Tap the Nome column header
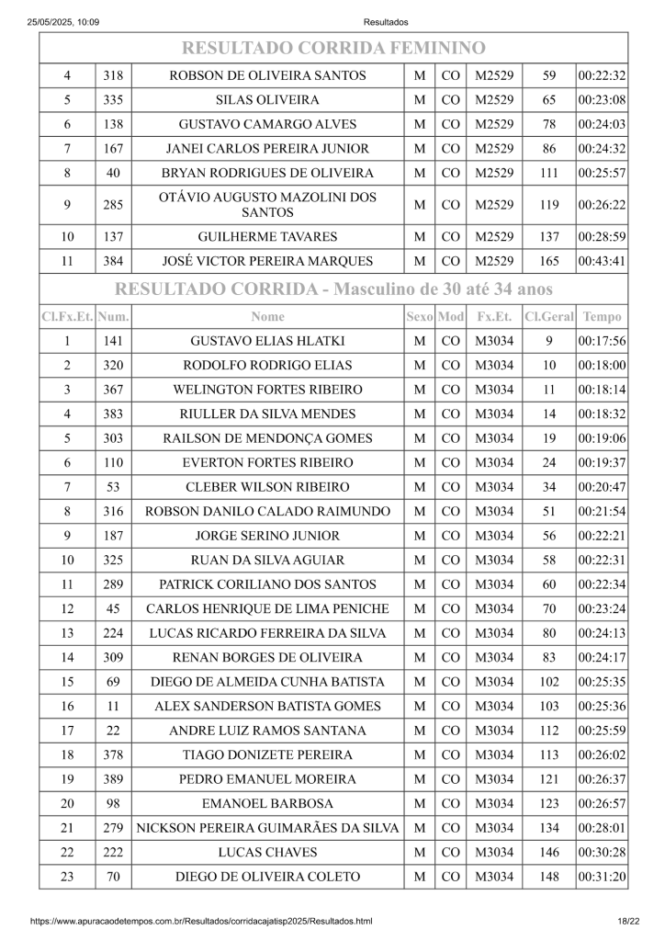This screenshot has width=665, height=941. click(267, 317)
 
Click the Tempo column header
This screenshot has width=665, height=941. click(602, 317)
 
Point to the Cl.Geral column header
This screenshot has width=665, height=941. click(549, 317)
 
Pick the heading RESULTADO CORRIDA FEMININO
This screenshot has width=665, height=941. click(332, 48)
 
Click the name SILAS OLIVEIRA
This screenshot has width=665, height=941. click(267, 100)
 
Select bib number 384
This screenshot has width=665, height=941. click(113, 261)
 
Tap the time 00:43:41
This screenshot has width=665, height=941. click(602, 261)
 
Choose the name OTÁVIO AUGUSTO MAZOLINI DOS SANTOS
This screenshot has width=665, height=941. click(267, 205)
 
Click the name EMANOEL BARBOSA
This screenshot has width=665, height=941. click(267, 804)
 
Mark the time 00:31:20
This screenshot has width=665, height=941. click(602, 877)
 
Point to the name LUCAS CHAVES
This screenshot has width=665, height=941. click(267, 853)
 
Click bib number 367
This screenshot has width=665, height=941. click(113, 390)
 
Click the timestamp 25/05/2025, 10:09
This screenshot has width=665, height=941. click(63, 22)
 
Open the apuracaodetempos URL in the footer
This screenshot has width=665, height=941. click(201, 921)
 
